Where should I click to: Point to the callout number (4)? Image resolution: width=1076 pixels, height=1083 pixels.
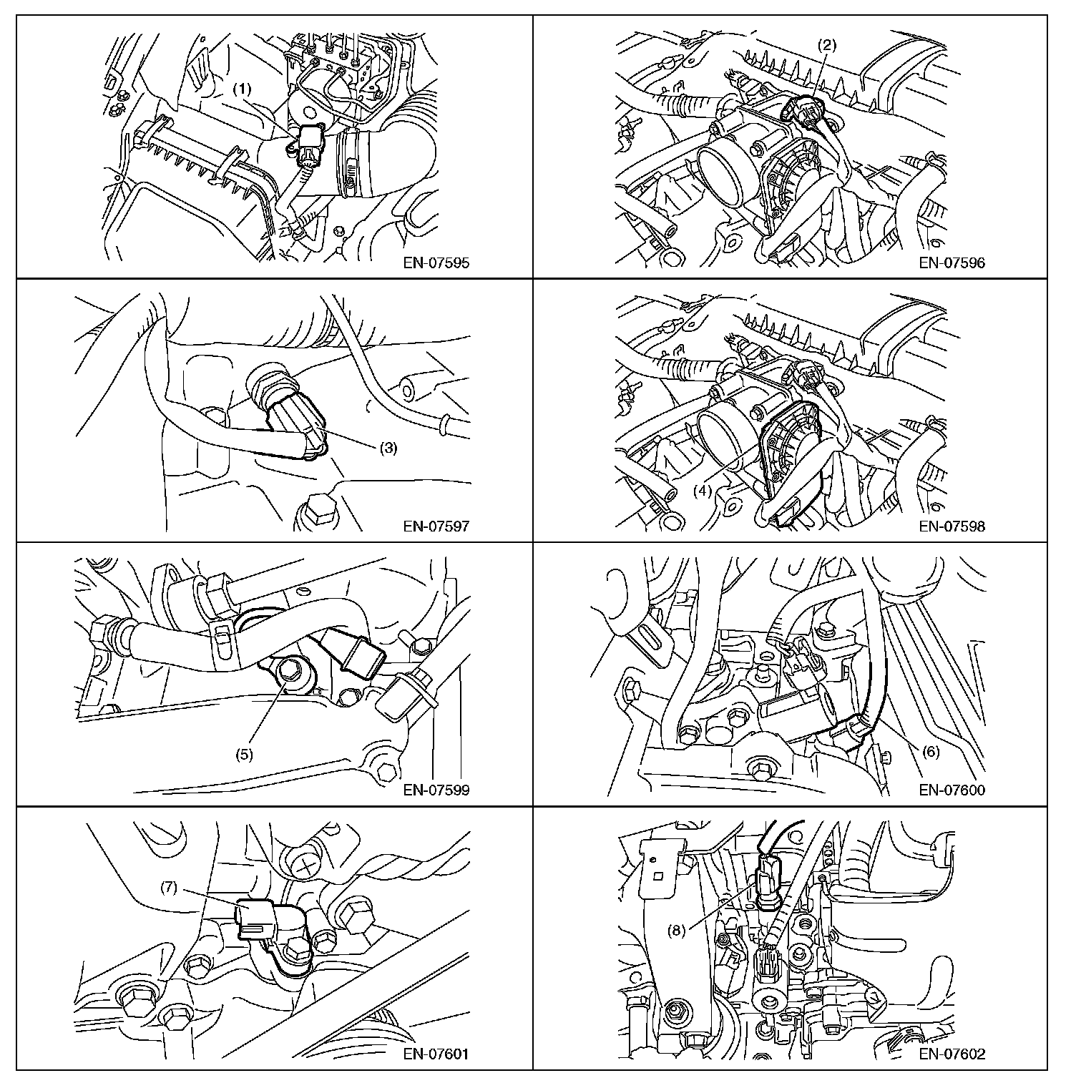703,491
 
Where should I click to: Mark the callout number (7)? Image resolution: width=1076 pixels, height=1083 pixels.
168,888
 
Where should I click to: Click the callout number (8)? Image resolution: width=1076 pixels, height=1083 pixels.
676,931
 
